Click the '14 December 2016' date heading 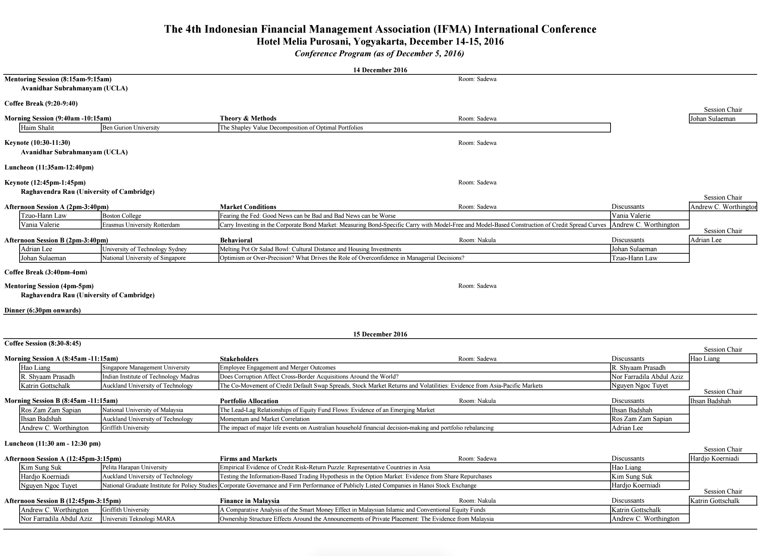[380, 70]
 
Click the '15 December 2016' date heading [380, 334]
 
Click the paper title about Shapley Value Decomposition [291, 128]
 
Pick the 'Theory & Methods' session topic [248, 118]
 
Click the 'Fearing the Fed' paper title [308, 216]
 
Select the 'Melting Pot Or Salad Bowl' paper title [311, 249]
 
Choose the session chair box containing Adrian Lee [722, 240]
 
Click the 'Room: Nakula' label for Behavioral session [477, 240]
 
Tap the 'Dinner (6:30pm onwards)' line [42, 310]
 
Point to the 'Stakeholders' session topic [239, 359]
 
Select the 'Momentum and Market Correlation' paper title [265, 419]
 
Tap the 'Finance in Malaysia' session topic [249, 501]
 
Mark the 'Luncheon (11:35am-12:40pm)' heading [49, 167]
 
